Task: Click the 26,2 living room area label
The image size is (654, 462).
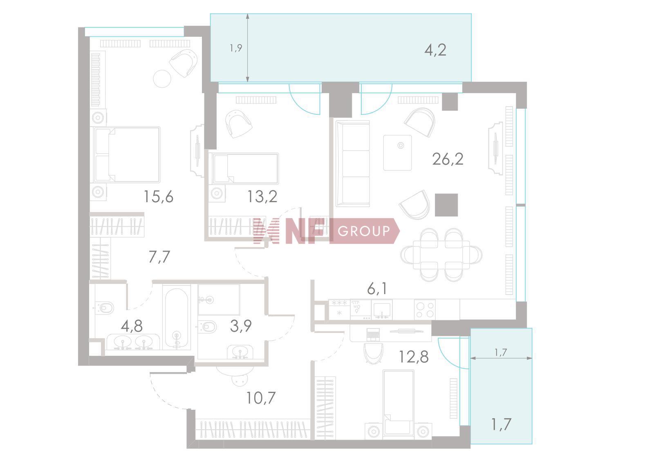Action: point(448,159)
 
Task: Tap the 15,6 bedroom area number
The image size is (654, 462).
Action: point(159,196)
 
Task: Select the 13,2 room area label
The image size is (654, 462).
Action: point(262,196)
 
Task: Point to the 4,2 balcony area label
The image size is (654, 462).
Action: point(435,50)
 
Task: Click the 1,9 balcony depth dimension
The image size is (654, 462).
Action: point(236,48)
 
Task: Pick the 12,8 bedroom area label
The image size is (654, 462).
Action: point(414,357)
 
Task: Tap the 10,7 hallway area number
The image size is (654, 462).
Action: point(261,398)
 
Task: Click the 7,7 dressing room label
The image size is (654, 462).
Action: point(159,257)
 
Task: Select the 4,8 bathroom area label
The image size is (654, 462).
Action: point(132,326)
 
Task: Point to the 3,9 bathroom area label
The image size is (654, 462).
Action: point(241,326)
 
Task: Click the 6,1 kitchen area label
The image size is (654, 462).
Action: point(377,289)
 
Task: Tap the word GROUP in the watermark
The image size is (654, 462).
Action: point(364,231)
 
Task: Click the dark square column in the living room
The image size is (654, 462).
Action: point(446,205)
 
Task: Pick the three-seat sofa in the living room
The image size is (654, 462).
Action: point(353,163)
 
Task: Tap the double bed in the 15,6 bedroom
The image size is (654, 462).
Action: point(127,155)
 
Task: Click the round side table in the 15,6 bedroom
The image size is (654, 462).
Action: point(162,79)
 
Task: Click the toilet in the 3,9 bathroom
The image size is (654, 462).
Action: point(207,327)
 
